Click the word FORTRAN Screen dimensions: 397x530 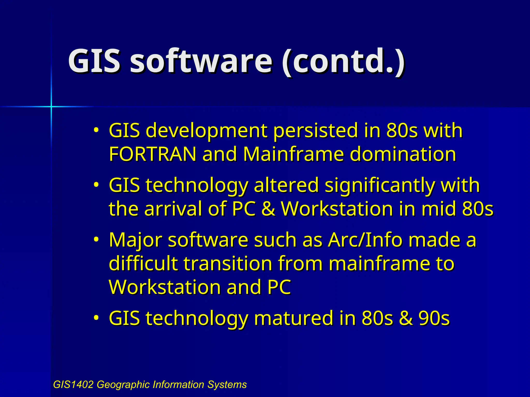pyautogui.click(x=152, y=154)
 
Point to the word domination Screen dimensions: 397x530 pyautogui.click(x=403, y=154)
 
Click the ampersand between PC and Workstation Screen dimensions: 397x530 pyautogui.click(x=268, y=209)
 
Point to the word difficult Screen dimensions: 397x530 pyautogui.click(x=143, y=264)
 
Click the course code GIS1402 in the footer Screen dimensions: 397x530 pyautogui.click(x=73, y=385)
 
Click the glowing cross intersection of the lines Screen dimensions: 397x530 pyautogui.click(x=51, y=106)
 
